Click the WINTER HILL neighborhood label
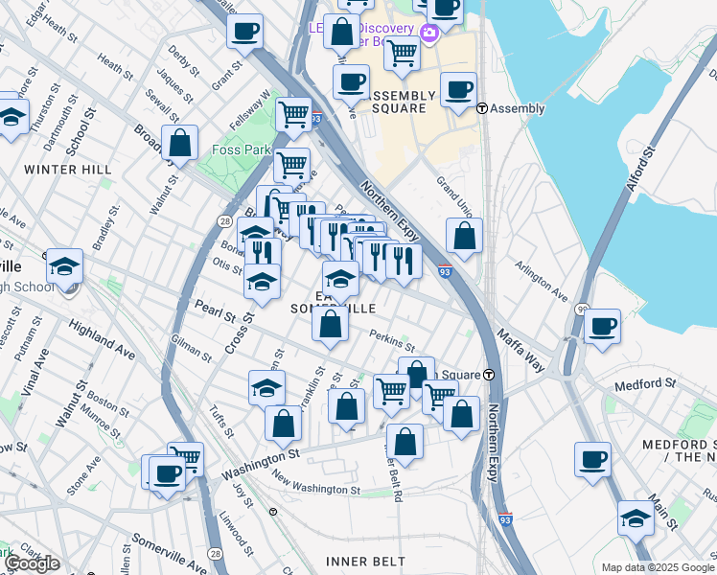click(x=68, y=170)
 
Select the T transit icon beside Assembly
click(x=482, y=109)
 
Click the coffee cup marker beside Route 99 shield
click(x=603, y=326)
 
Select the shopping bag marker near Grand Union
click(x=464, y=236)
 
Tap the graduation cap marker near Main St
click(x=636, y=517)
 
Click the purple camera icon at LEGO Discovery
click(x=428, y=34)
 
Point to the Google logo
click(x=32, y=563)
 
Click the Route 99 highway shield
click(x=582, y=310)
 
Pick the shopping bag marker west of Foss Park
click(x=179, y=144)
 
